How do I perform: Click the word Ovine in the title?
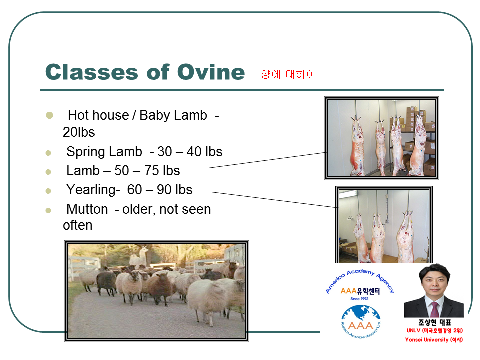click(211, 72)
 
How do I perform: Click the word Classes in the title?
click(92, 72)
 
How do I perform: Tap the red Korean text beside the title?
click(288, 74)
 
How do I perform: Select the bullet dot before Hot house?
click(49, 115)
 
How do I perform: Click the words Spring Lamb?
click(104, 152)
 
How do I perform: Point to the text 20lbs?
click(79, 132)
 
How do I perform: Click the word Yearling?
click(91, 190)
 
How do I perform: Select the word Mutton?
click(87, 209)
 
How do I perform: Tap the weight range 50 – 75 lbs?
click(147, 171)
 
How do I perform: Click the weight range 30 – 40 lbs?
click(190, 152)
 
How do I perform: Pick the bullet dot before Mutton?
click(48, 210)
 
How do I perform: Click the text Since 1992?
click(359, 299)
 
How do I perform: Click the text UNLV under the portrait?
click(414, 330)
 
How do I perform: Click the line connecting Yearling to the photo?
click(276, 200)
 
